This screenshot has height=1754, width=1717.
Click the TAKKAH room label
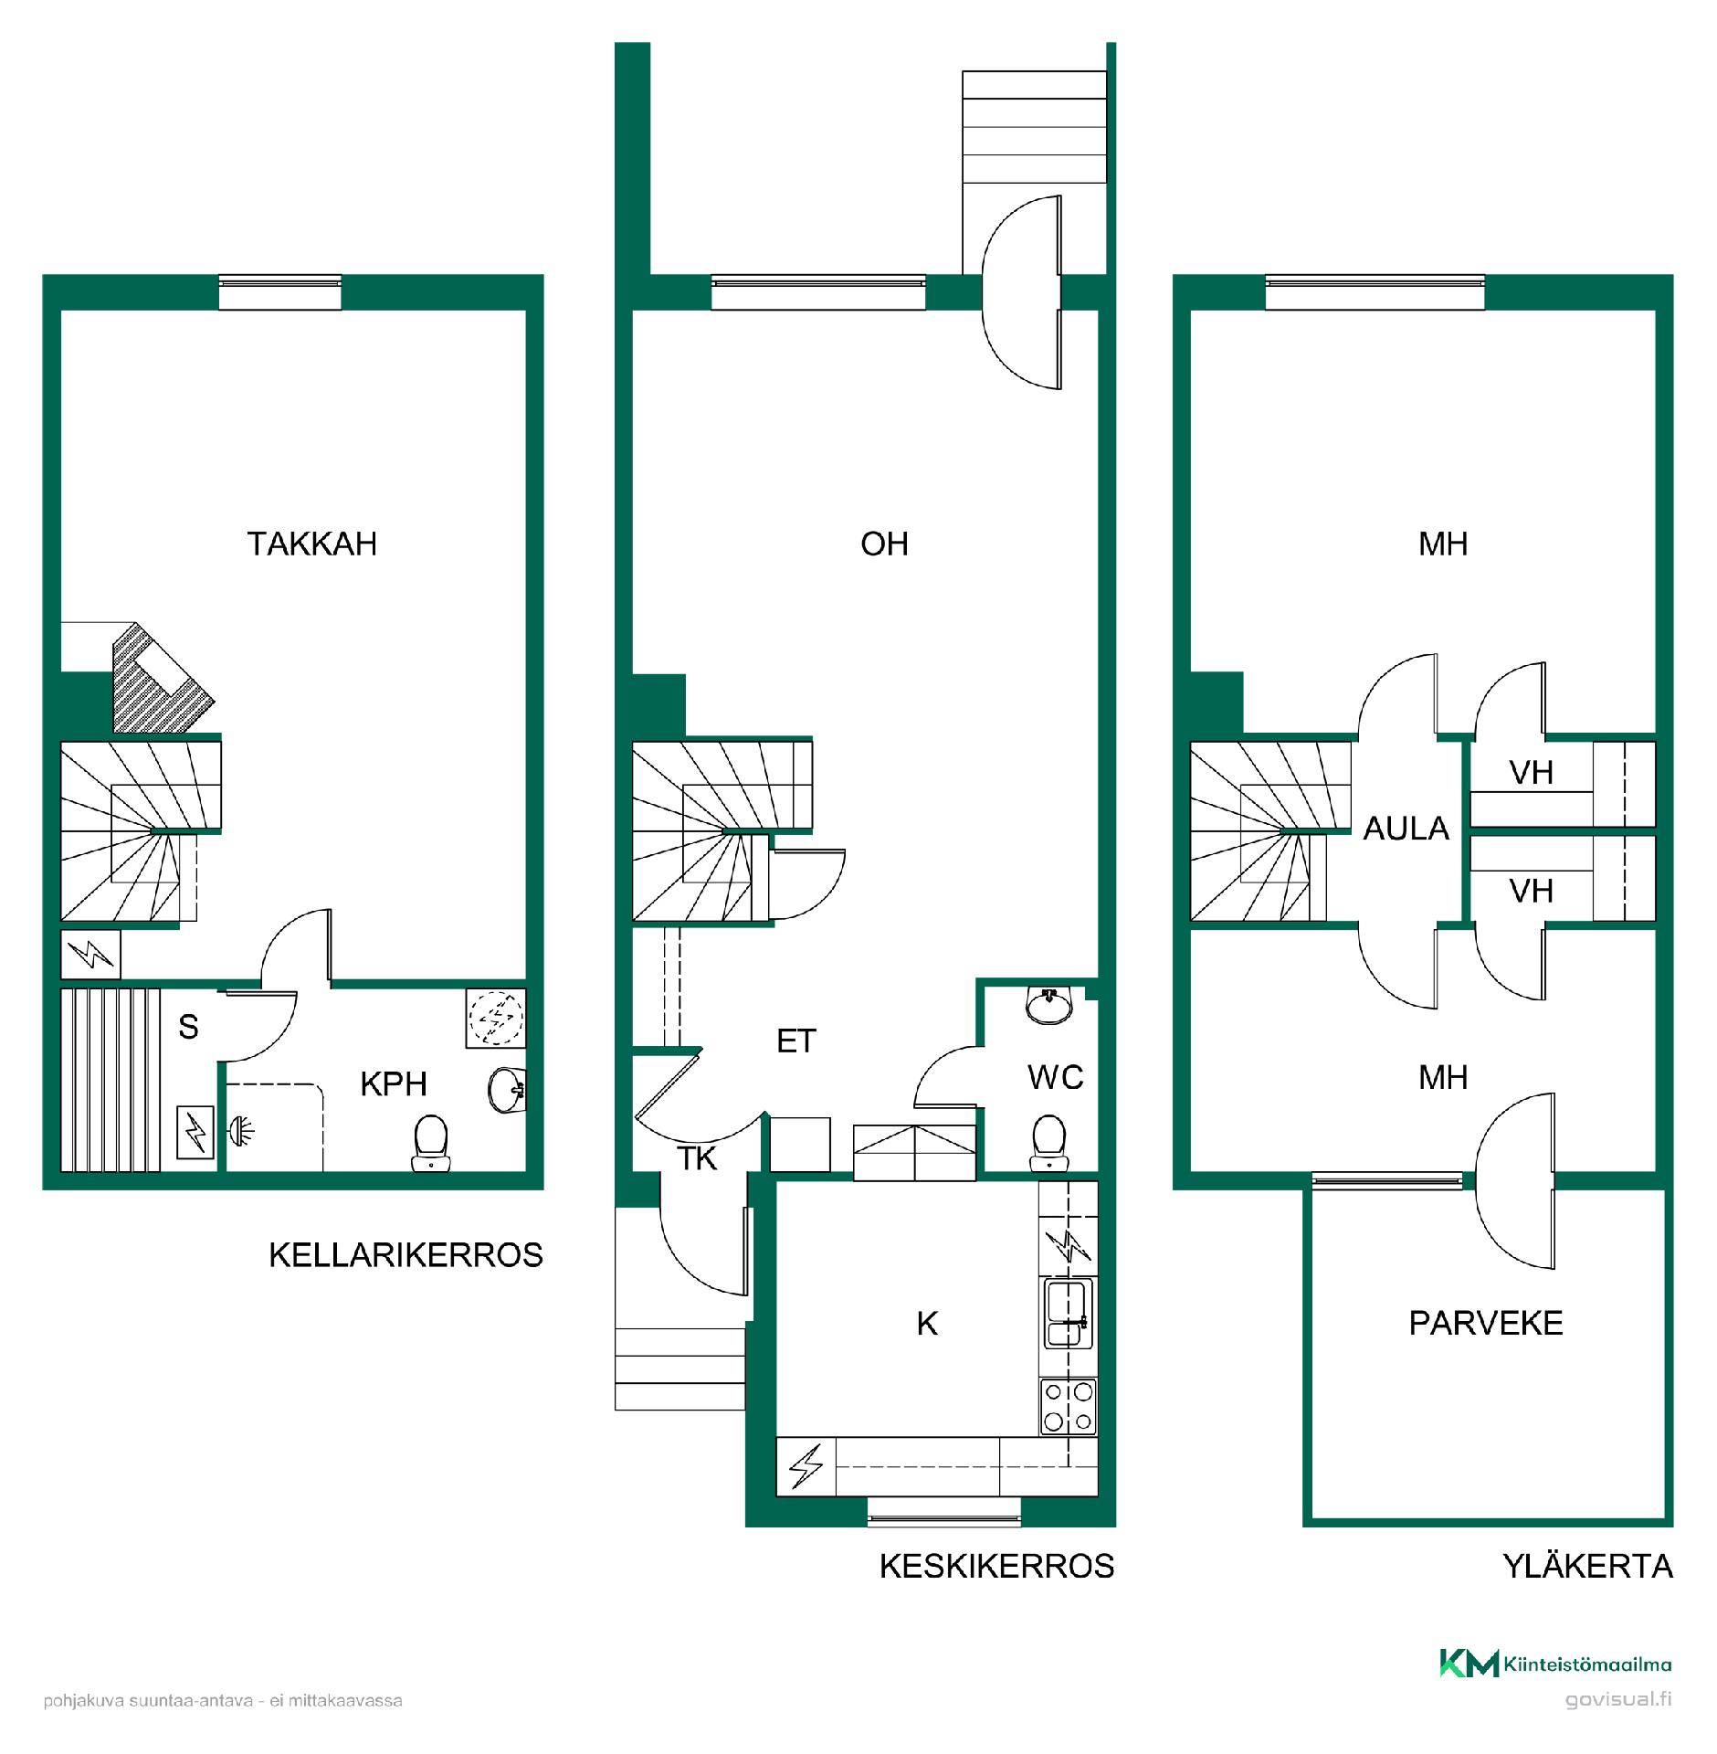point(312,544)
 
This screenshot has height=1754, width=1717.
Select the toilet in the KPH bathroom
point(430,1142)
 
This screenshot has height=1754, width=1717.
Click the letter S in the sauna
point(188,1027)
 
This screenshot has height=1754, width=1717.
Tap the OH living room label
point(884,544)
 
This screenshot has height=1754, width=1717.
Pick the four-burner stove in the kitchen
point(1069,1407)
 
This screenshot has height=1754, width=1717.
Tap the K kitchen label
point(927,1324)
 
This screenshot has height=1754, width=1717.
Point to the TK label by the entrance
point(697,1159)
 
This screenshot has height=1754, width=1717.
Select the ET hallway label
point(795,1041)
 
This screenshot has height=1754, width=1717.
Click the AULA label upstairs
point(1406,829)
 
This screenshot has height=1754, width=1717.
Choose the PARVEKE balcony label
point(1486,1324)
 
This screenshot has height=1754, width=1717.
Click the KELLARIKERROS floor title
point(406,1255)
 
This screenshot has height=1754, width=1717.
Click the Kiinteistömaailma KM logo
point(1555,1664)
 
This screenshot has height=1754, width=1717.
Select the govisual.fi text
point(1618,1700)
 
